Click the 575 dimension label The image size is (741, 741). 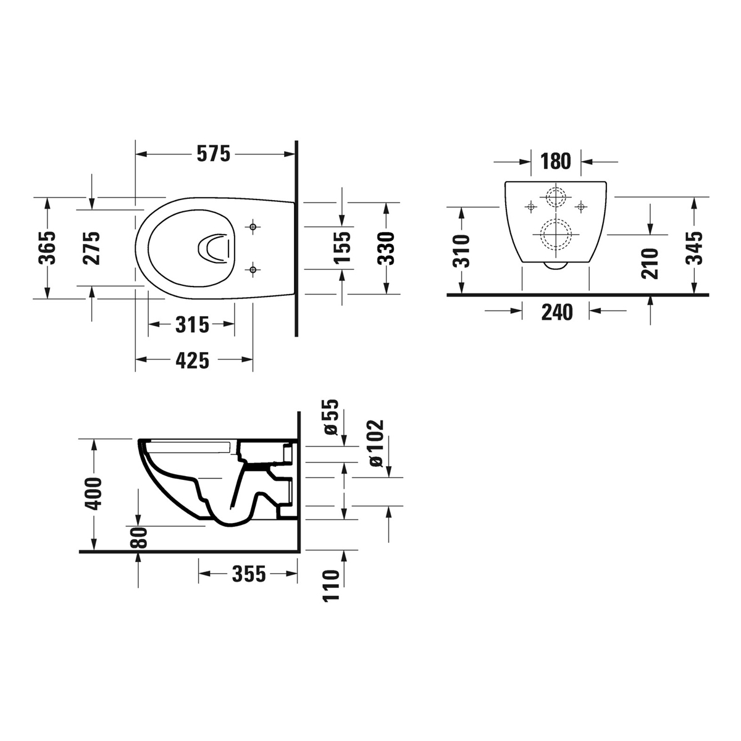point(213,154)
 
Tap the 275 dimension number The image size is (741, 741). point(91,248)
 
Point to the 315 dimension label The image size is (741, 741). point(192,324)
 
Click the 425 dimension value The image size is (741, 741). point(192,360)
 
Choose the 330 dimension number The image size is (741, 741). point(386,248)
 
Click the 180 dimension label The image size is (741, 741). point(556,162)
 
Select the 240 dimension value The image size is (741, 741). point(556,312)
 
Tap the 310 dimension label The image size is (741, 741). point(461,251)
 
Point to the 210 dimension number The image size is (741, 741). point(650,263)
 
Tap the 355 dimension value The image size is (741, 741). point(248,574)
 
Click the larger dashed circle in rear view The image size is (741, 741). point(556,235)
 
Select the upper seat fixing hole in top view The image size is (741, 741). point(252,227)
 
